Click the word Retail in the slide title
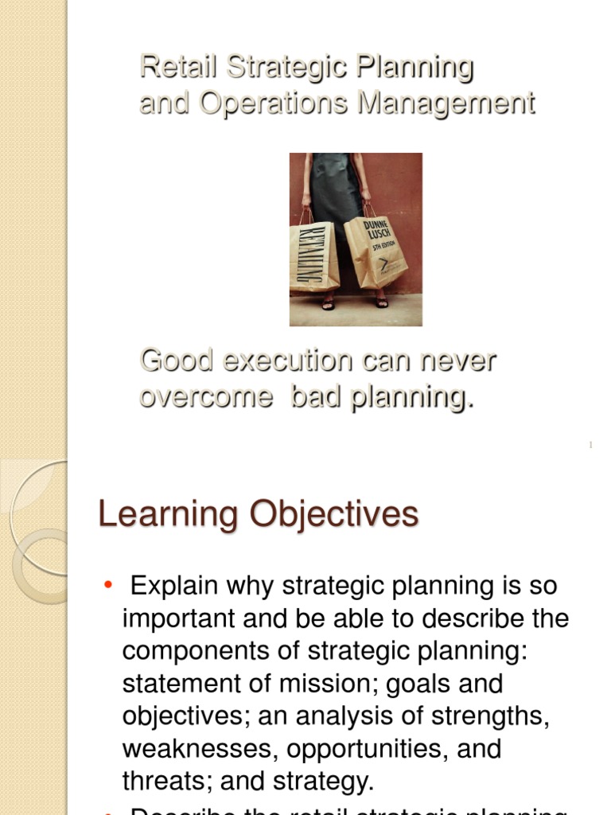click(x=169, y=67)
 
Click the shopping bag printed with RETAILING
click(x=313, y=255)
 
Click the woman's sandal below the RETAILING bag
click(x=328, y=304)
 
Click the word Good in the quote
click(x=177, y=361)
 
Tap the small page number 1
click(x=591, y=445)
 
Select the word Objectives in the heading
click(x=335, y=515)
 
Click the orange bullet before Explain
click(x=108, y=587)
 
